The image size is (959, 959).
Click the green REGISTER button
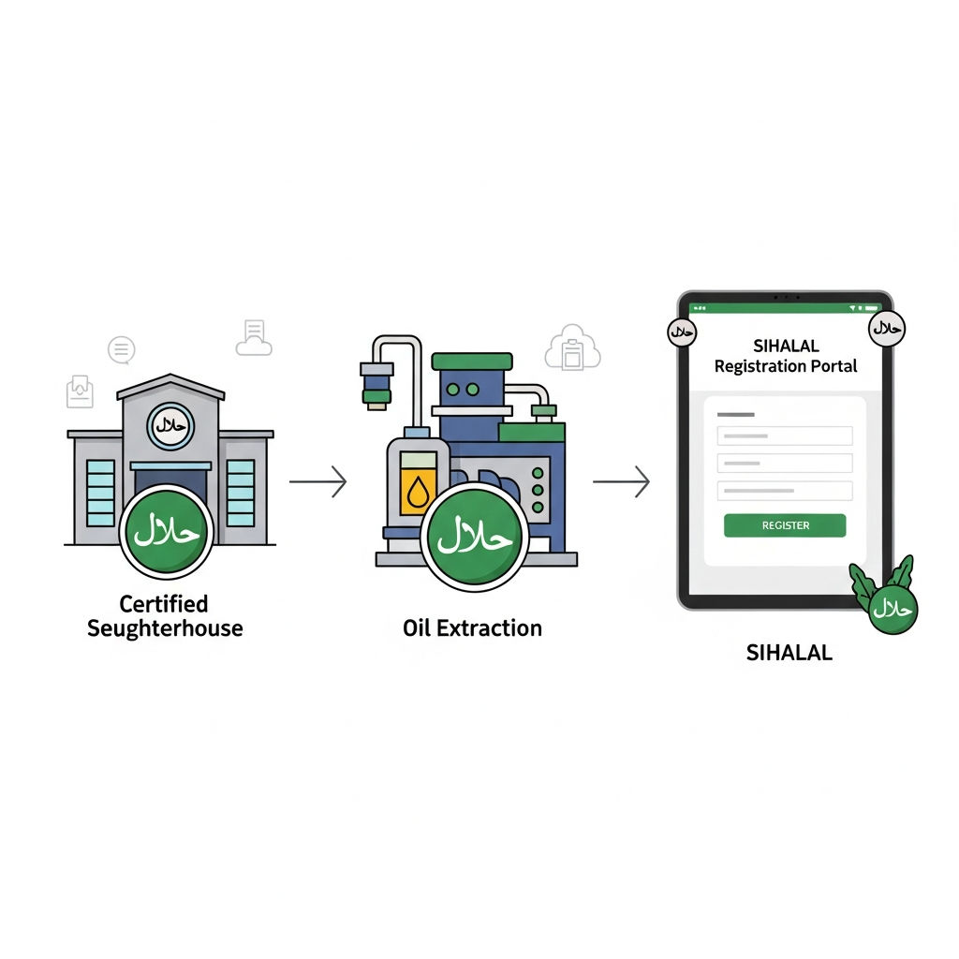[x=785, y=525]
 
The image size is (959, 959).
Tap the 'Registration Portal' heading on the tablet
[x=786, y=366]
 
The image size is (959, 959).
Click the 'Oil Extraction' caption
[x=472, y=628]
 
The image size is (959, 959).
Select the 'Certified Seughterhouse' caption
[x=165, y=616]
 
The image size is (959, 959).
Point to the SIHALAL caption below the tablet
[x=789, y=653]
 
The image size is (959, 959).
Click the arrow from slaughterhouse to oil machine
[x=318, y=481]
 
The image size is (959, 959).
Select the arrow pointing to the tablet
[x=621, y=481]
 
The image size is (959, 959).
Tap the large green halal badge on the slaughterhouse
[x=167, y=532]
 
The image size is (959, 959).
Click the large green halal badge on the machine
[x=475, y=537]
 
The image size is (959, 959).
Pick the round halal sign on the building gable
[x=170, y=426]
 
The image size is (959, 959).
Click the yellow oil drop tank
[x=419, y=484]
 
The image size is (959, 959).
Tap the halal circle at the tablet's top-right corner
[x=887, y=329]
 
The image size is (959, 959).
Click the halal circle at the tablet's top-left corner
[x=682, y=332]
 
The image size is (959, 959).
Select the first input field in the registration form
[x=785, y=436]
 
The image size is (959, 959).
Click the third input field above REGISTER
[x=785, y=491]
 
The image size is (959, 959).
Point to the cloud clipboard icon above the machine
[x=572, y=347]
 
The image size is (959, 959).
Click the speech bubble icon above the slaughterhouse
[x=121, y=350]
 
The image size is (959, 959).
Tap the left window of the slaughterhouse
[x=100, y=493]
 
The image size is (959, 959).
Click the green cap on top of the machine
[x=472, y=361]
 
